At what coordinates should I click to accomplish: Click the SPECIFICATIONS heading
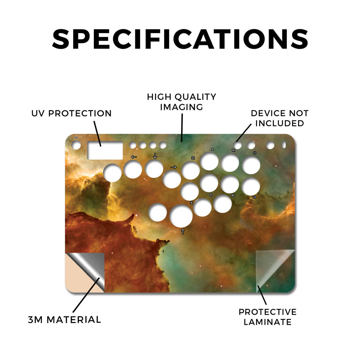180,39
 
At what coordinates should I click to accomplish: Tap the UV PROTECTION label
71,113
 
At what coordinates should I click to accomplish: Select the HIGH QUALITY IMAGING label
181,102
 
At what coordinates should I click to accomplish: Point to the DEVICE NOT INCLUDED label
279,118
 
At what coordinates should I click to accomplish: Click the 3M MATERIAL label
65,320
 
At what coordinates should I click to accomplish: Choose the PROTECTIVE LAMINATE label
268,317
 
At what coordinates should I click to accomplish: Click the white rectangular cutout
105,150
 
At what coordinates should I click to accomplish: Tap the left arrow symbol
134,157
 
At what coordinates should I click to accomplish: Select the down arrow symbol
155,156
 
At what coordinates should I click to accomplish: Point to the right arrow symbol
174,167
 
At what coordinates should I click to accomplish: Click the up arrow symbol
183,231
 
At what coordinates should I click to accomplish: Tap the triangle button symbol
212,149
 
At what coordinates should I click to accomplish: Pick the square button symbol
193,158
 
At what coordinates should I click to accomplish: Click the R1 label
233,150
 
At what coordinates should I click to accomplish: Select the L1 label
255,153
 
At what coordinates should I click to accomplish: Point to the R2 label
233,195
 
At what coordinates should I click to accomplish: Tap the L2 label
254,197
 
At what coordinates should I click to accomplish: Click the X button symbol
192,203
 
